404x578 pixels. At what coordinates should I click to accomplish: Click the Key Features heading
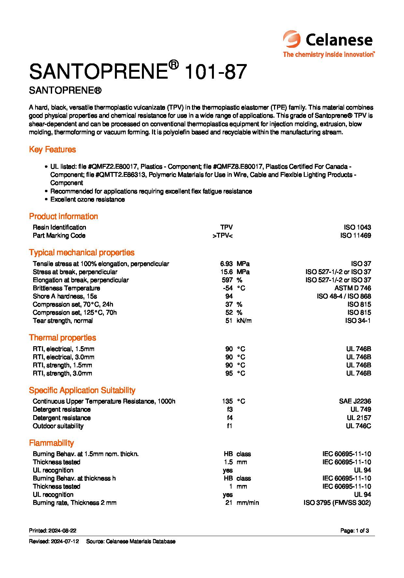point(52,150)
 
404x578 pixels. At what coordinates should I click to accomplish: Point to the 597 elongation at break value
point(227,280)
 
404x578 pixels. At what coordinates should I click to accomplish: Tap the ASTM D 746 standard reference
point(353,288)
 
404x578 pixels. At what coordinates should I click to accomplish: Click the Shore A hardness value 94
point(229,296)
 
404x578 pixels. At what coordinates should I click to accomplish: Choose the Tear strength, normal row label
point(63,321)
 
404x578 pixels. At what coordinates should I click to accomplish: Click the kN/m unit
point(244,321)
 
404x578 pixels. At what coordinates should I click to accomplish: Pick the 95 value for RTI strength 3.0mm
point(229,373)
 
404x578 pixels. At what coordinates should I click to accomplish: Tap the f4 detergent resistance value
point(230,418)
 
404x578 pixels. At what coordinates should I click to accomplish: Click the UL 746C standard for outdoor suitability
point(358,426)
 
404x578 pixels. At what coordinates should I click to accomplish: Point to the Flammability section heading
point(51,443)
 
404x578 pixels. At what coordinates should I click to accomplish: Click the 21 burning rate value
point(229,503)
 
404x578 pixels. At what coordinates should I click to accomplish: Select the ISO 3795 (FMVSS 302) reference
point(337,503)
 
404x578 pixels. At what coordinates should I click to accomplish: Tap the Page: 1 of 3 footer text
point(355,531)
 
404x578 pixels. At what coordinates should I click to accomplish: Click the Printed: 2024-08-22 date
point(53,531)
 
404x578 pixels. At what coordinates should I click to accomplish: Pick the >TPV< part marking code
point(222,235)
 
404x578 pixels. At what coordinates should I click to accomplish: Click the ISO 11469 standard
point(355,235)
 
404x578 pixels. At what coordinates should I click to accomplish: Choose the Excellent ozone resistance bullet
point(87,199)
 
